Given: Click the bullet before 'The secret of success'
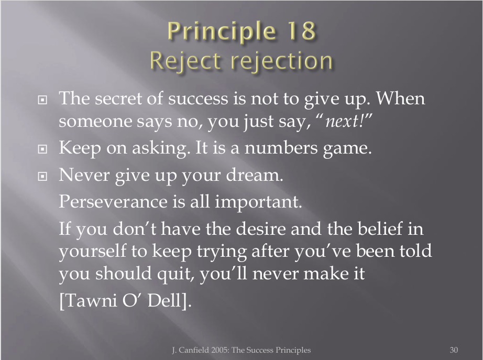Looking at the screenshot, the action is coord(42,100).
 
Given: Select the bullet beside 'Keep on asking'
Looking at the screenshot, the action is coord(42,149).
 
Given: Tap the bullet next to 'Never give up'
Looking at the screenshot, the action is coord(42,176).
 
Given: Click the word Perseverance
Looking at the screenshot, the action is coord(113,202).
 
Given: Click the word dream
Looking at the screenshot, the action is coord(254,174).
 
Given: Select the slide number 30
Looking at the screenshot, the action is coord(454,350).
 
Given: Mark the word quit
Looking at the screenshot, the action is coord(175,274).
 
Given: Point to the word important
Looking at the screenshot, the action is coord(258,202).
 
